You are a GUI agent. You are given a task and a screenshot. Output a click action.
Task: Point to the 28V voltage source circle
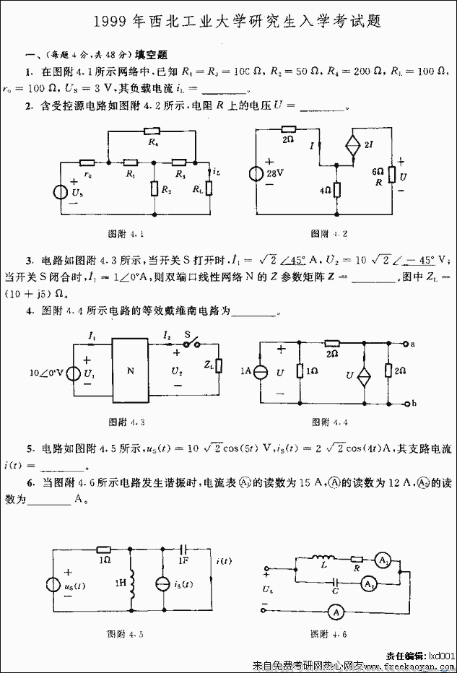click(257, 175)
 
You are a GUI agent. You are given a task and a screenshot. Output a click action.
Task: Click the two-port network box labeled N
click(131, 371)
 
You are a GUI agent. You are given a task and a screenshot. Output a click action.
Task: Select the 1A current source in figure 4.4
click(262, 373)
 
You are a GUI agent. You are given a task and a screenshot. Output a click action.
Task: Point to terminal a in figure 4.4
click(412, 343)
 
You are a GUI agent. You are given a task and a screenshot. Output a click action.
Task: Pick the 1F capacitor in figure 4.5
click(183, 550)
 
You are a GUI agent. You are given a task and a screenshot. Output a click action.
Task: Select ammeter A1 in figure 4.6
click(384, 557)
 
